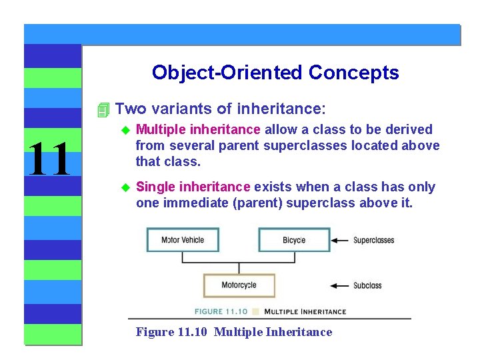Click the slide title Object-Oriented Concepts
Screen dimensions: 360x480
[275, 72]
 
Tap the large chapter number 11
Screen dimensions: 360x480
[49, 159]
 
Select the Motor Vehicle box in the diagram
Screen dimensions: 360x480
[183, 240]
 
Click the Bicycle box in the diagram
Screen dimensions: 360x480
[294, 240]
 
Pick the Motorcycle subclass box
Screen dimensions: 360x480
[239, 285]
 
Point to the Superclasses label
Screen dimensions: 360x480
[373, 240]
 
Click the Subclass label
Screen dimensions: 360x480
[367, 285]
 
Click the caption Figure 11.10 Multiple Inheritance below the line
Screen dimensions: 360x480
[233, 332]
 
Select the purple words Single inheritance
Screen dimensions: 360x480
[193, 187]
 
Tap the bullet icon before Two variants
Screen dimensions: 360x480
[102, 109]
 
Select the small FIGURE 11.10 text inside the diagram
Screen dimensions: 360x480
[221, 311]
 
